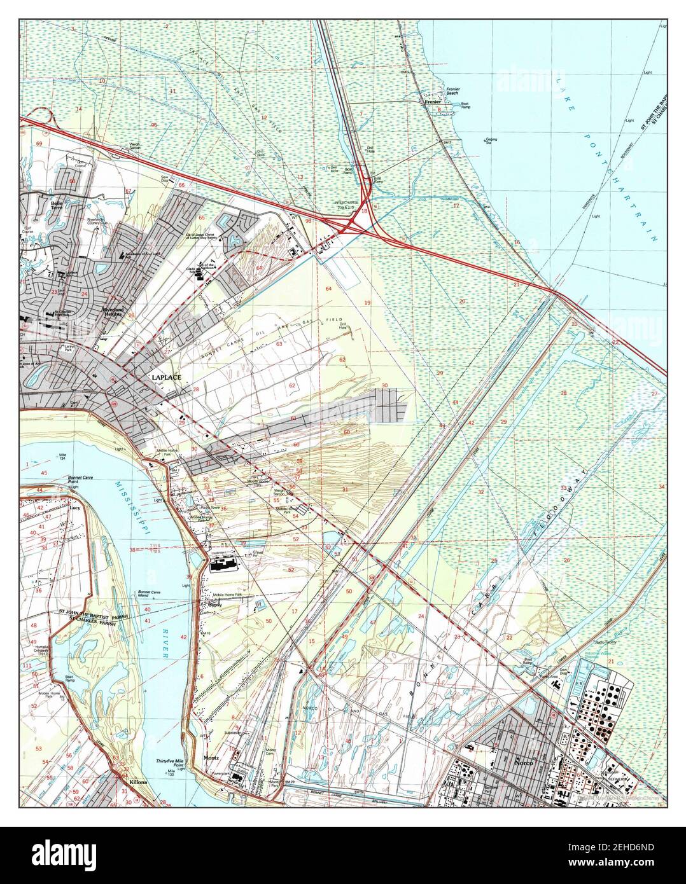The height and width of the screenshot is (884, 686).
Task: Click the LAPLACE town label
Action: click(166, 378)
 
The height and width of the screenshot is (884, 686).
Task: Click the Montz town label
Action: click(211, 759)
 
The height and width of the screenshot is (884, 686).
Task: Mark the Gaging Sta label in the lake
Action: click(491, 141)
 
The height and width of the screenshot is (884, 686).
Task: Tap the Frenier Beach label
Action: click(452, 91)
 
